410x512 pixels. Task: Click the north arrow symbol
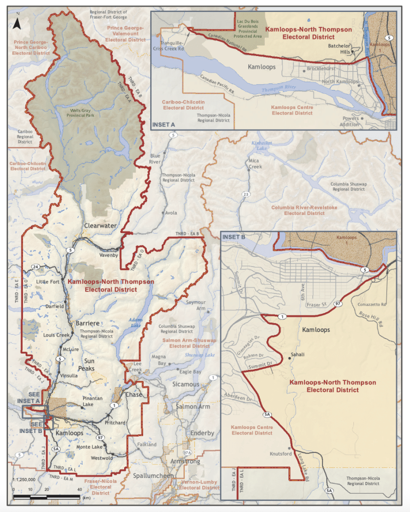[17, 22]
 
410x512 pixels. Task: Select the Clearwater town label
[100, 225]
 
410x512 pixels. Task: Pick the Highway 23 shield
[245, 194]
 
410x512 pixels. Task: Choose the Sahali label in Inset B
[297, 354]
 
